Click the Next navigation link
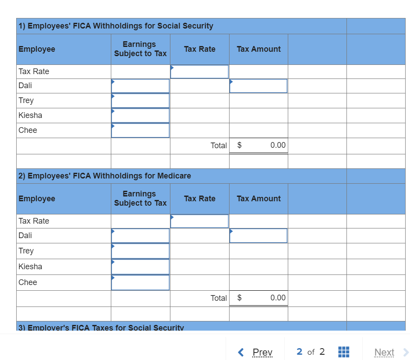pyautogui.click(x=385, y=352)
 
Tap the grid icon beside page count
pyautogui.click(x=344, y=352)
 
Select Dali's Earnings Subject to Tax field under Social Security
pyautogui.click(x=140, y=86)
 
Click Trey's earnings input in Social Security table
pyautogui.click(x=140, y=101)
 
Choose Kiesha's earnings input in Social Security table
pyautogui.click(x=140, y=116)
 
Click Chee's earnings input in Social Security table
pyautogui.click(x=140, y=130)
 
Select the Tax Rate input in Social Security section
pyautogui.click(x=200, y=71)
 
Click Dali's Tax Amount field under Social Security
pyautogui.click(x=258, y=86)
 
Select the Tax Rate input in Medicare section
pyautogui.click(x=200, y=221)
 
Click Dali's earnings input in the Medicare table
pyautogui.click(x=140, y=235)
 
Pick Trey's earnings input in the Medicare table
pyautogui.click(x=140, y=251)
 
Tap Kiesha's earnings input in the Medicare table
pyautogui.click(x=140, y=267)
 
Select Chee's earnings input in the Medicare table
pyautogui.click(x=140, y=282)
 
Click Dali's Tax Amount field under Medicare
pyautogui.click(x=258, y=235)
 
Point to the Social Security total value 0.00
pyautogui.click(x=278, y=145)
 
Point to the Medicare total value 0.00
pyautogui.click(x=278, y=298)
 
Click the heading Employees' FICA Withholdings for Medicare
pyautogui.click(x=105, y=176)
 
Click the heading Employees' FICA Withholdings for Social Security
pyautogui.click(x=116, y=26)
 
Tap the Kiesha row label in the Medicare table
pyautogui.click(x=31, y=267)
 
